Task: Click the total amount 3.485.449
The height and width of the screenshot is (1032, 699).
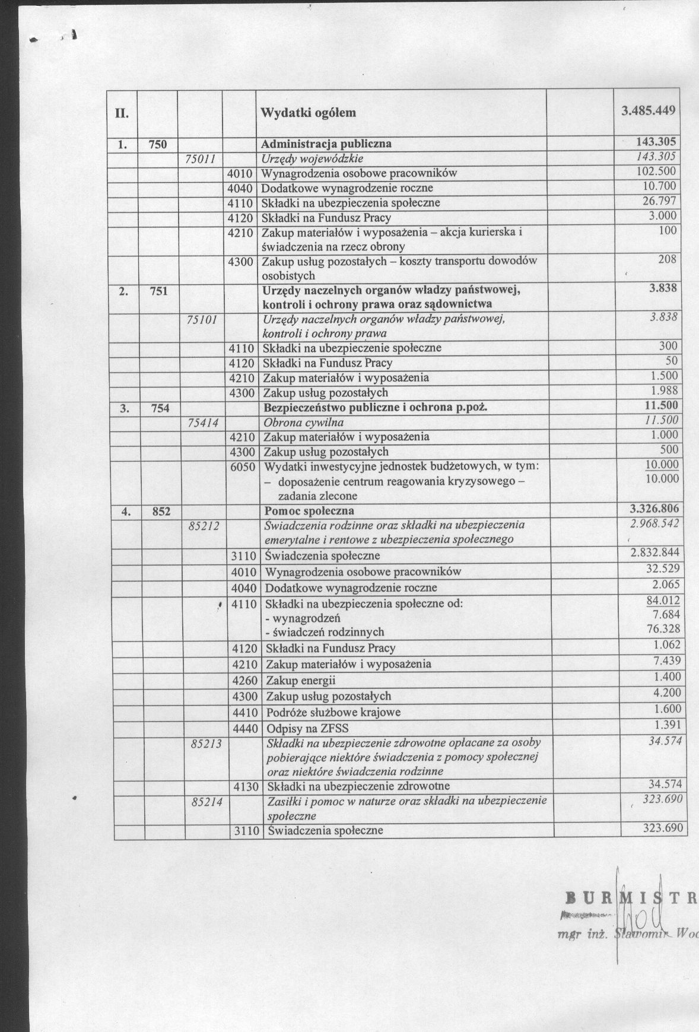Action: pyautogui.click(x=649, y=111)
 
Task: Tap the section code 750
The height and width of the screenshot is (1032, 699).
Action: pyautogui.click(x=157, y=144)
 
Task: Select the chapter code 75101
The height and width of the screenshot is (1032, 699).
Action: pyautogui.click(x=202, y=319)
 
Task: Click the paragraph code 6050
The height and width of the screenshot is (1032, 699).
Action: pyautogui.click(x=243, y=467)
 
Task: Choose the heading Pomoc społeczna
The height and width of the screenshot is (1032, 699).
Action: pyautogui.click(x=309, y=510)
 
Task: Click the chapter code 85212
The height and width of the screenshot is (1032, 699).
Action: pyautogui.click(x=205, y=525)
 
